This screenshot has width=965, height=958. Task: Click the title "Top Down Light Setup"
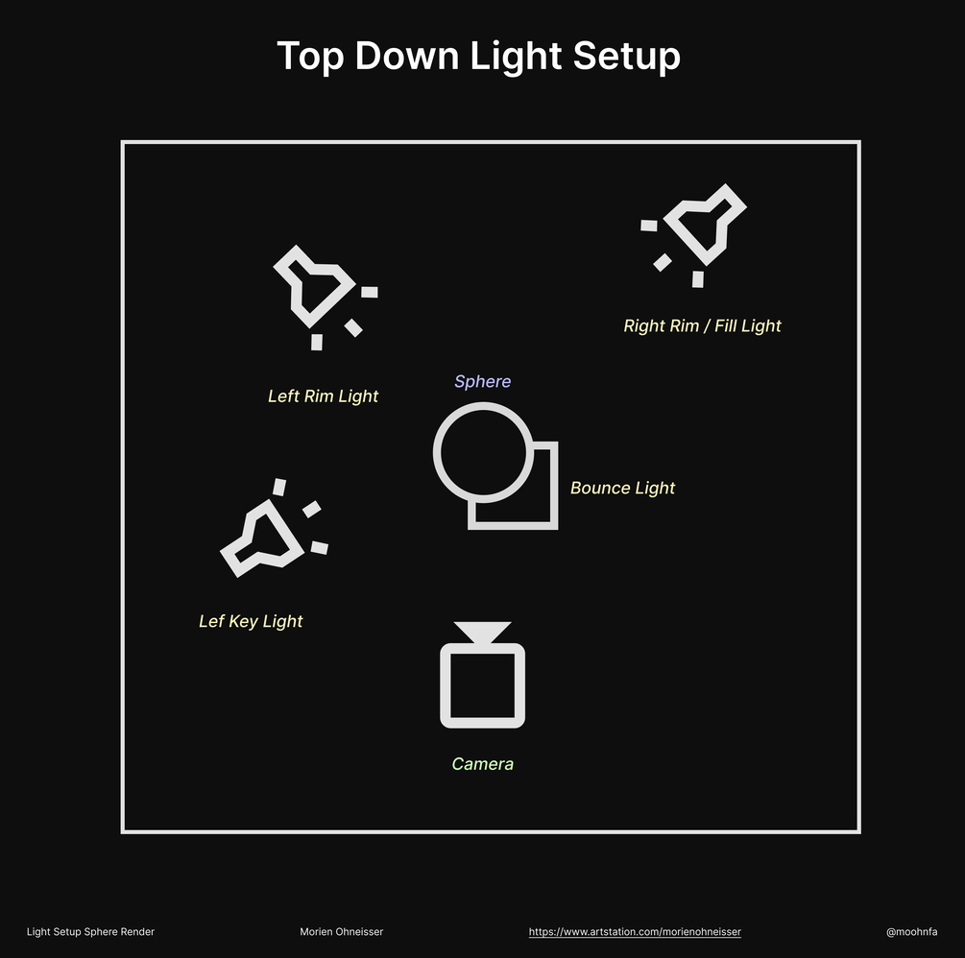click(x=478, y=57)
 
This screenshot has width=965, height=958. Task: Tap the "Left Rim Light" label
click(x=323, y=396)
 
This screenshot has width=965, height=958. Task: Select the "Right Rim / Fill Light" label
click(x=702, y=326)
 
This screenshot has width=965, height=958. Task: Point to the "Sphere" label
click(x=482, y=381)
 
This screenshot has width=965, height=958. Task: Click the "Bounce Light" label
click(x=622, y=488)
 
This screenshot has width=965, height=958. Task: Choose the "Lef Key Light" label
click(x=251, y=621)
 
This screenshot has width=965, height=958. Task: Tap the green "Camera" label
click(x=482, y=764)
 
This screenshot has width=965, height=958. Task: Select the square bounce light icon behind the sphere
click(x=553, y=486)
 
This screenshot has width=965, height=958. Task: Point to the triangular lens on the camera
click(x=482, y=632)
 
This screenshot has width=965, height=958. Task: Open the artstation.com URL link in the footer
click(x=635, y=931)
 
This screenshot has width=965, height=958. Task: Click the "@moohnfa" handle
click(x=911, y=931)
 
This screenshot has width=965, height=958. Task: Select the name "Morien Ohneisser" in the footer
click(x=342, y=931)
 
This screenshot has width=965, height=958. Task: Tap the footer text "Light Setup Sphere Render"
click(x=90, y=931)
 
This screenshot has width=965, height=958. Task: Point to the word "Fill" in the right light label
click(x=724, y=325)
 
